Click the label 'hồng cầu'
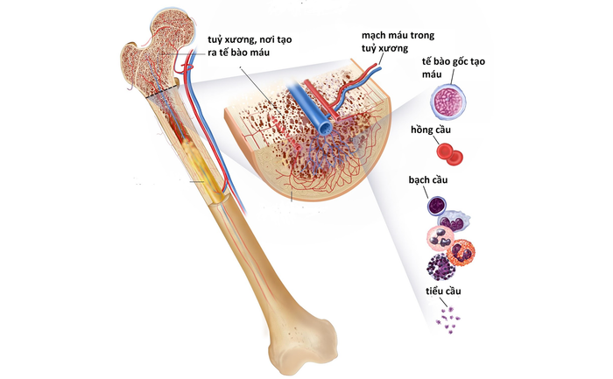coord(431,130)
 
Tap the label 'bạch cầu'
coord(428,179)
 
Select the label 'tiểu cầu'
coord(443,291)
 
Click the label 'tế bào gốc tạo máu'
coord(453,67)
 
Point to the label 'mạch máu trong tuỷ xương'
coord(398,41)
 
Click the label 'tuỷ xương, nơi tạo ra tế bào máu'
coord(250,46)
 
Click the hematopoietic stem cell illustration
coord(448,101)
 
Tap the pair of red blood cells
coord(449,153)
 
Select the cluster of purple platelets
coord(448,320)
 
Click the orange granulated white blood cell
coord(461,252)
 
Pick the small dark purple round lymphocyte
coord(437,206)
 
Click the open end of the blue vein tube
coord(323,128)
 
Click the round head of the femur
coord(173,26)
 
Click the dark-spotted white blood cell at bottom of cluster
coord(441,267)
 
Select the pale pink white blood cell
coord(440,239)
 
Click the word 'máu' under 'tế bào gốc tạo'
coord(432,74)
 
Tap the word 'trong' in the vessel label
coord(421,36)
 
